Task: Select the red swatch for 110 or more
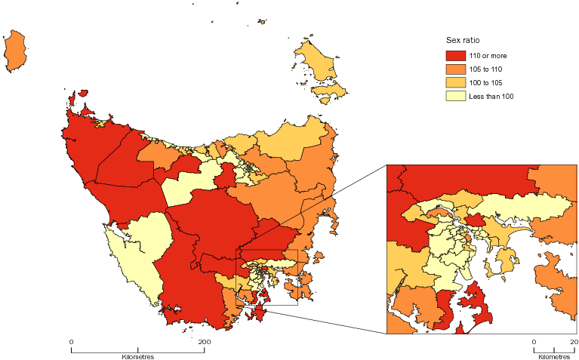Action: [x=455, y=56]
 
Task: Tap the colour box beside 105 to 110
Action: [x=455, y=69]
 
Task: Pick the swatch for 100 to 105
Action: [x=455, y=82]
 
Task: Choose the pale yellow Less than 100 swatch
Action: [x=455, y=96]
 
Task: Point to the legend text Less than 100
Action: [x=491, y=96]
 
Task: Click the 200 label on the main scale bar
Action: [x=203, y=343]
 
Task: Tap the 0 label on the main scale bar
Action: [x=71, y=343]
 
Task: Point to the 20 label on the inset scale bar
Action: [x=573, y=343]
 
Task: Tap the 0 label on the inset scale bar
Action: [x=534, y=343]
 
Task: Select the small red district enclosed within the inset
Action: [x=475, y=220]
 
